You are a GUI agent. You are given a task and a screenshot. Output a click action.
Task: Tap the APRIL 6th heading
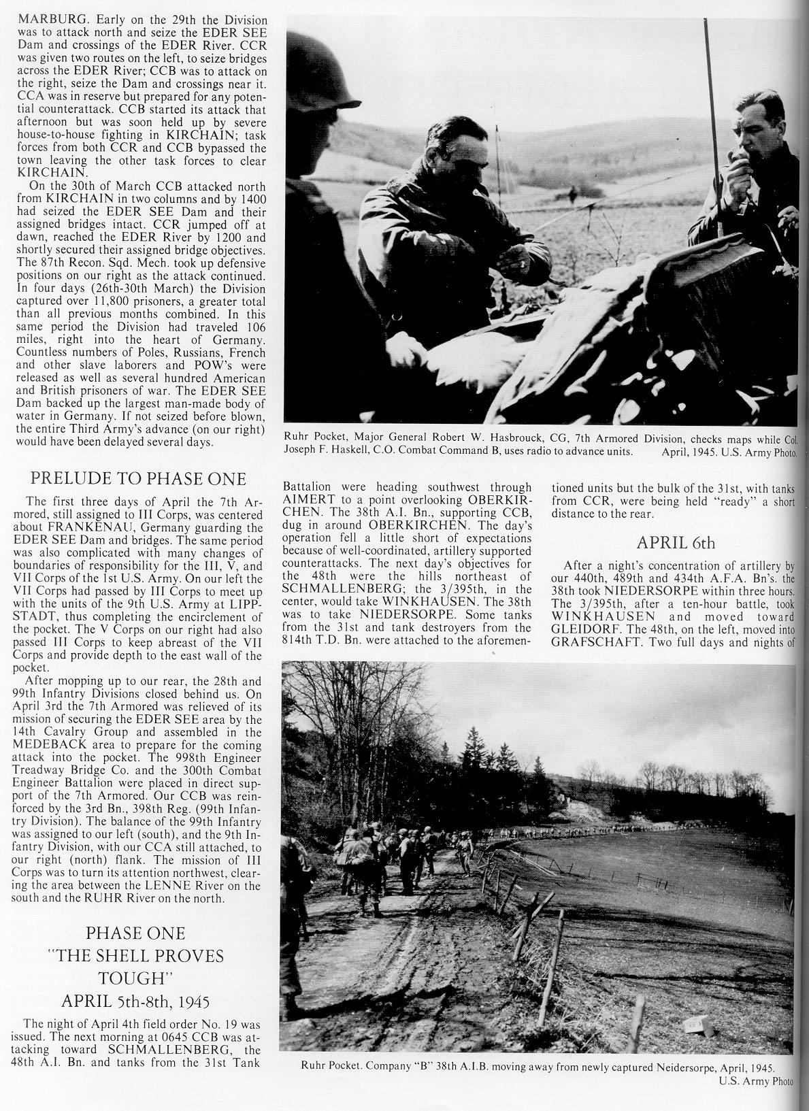click(673, 543)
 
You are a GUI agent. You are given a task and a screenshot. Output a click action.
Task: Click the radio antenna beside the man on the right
click(711, 102)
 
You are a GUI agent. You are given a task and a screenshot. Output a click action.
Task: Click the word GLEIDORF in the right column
click(588, 629)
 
